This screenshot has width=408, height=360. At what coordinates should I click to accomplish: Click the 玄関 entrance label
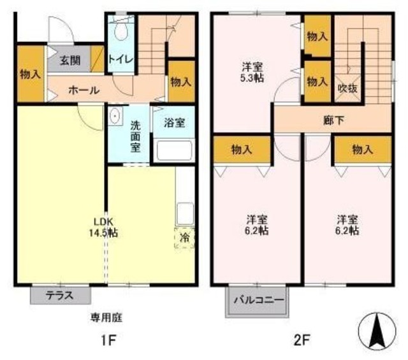69,61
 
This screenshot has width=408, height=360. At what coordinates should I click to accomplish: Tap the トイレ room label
120,59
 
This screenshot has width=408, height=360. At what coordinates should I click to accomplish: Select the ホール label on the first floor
84,90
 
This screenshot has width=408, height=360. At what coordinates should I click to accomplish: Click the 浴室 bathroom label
175,122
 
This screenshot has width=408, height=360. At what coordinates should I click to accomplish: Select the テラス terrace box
60,295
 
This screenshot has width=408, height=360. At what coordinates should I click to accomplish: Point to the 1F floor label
106,340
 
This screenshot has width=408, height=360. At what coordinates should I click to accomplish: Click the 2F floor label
302,340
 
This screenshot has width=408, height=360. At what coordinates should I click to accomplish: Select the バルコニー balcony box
254,299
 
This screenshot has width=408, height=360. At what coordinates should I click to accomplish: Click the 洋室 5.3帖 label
253,71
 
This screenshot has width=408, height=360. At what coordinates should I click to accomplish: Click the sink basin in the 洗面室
115,116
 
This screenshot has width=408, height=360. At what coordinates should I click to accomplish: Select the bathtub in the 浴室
174,151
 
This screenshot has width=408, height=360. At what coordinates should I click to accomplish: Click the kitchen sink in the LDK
184,212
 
